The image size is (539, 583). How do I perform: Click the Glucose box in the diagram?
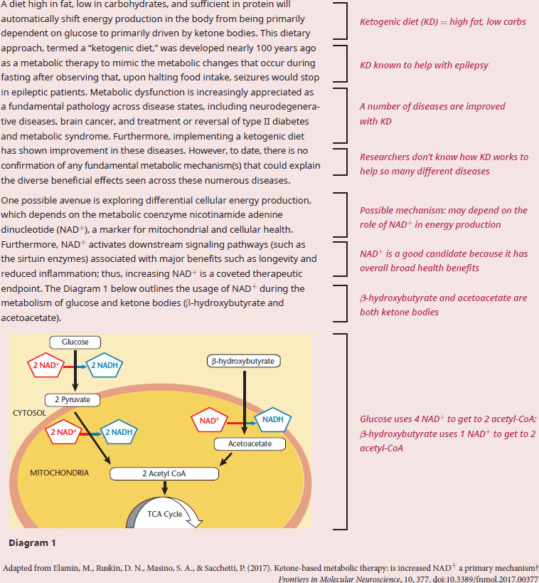pyautogui.click(x=75, y=342)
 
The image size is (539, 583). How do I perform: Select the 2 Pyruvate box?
pyautogui.click(x=73, y=399)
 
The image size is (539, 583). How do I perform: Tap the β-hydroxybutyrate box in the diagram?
pyautogui.click(x=243, y=361)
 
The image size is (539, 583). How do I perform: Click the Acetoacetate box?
pyautogui.click(x=250, y=443)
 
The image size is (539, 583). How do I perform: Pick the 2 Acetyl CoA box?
pyautogui.click(x=164, y=473)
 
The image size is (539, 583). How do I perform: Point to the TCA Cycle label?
pyautogui.click(x=164, y=514)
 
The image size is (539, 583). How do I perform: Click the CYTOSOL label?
pyautogui.click(x=29, y=413)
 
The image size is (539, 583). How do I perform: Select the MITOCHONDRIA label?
pyautogui.click(x=60, y=473)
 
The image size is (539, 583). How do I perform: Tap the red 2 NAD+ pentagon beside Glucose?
pyautogui.click(x=46, y=365)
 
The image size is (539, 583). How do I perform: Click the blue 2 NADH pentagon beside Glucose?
pyautogui.click(x=105, y=365)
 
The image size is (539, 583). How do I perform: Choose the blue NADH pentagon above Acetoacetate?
pyautogui.click(x=272, y=420)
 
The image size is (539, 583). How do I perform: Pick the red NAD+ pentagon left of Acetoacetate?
pyautogui.click(x=209, y=421)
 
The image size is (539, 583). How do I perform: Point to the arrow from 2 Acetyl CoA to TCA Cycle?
pyautogui.click(x=164, y=488)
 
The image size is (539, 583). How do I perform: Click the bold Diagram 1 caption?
pyautogui.click(x=32, y=543)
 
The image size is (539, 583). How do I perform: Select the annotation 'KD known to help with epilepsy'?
pyautogui.click(x=424, y=65)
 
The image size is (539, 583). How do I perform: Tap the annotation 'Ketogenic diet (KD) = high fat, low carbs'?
pyautogui.click(x=443, y=22)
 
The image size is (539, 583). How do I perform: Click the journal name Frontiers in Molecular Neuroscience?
pyautogui.click(x=339, y=579)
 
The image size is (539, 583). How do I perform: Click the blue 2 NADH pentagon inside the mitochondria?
pyautogui.click(x=119, y=432)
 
